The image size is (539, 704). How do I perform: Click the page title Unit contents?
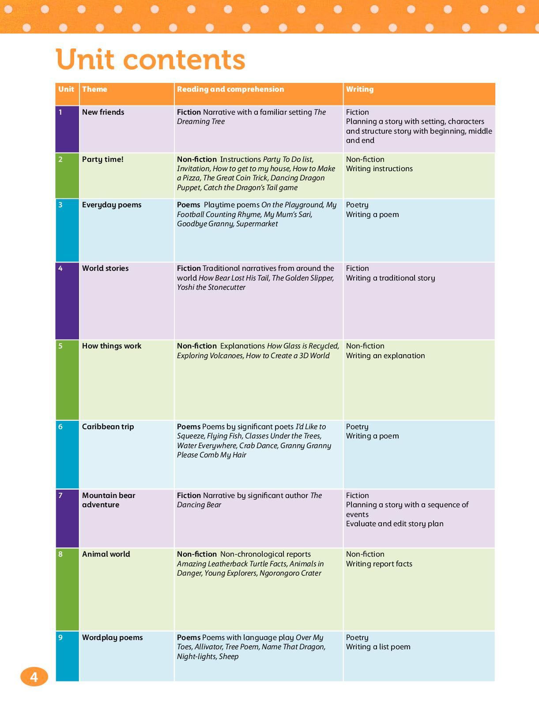[x=151, y=60]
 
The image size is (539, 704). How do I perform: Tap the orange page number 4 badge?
[x=34, y=677]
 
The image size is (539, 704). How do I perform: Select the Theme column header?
[x=94, y=89]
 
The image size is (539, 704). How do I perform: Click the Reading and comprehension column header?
[x=230, y=89]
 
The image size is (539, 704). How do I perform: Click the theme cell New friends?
[x=103, y=112]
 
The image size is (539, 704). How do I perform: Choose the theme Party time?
[x=102, y=159]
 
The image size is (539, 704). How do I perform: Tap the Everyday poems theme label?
[x=112, y=205]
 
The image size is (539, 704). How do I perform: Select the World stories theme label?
[x=105, y=268]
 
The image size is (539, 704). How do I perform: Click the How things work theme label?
[x=112, y=346]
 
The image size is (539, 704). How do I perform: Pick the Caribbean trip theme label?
[x=108, y=427]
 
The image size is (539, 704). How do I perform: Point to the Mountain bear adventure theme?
[x=108, y=500]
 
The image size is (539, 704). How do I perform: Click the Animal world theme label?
[x=106, y=554]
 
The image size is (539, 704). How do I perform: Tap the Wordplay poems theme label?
[x=112, y=637]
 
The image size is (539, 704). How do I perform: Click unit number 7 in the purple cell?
[x=60, y=495]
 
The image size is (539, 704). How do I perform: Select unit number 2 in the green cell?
[x=60, y=159]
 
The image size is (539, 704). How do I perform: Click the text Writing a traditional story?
[x=390, y=278]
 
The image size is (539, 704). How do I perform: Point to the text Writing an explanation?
[x=385, y=356]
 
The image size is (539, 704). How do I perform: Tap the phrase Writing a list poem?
[x=378, y=647]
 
